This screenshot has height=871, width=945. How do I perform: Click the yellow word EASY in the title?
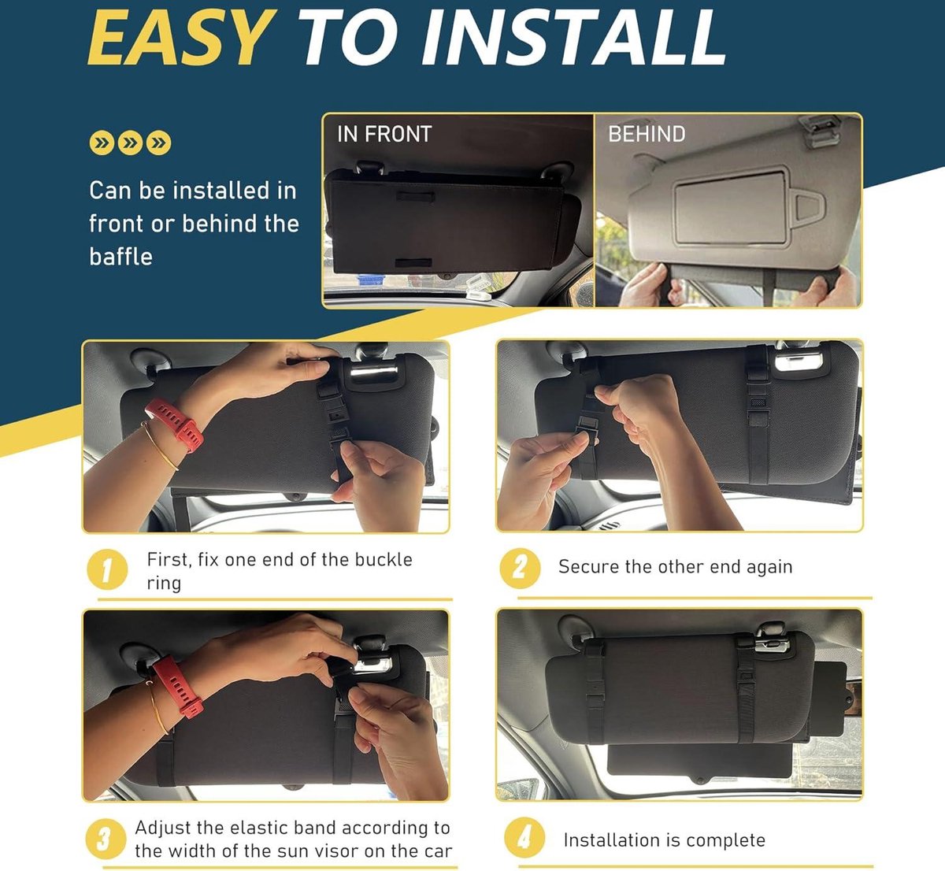(x=181, y=38)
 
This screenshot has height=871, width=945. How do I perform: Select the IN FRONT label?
(x=384, y=135)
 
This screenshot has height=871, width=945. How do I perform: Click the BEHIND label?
(x=647, y=135)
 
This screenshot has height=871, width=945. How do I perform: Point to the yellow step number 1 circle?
(x=107, y=569)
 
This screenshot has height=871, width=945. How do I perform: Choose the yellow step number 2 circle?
(x=520, y=569)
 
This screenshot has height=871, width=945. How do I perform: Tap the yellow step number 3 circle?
(x=106, y=839)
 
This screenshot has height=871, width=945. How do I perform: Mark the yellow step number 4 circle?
(x=524, y=838)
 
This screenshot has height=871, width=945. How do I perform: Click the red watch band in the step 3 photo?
(x=178, y=685)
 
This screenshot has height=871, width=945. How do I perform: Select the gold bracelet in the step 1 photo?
(x=160, y=446)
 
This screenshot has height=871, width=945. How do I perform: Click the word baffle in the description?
(x=121, y=257)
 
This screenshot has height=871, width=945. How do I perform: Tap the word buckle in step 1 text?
(x=384, y=559)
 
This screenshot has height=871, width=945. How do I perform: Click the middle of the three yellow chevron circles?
(x=130, y=143)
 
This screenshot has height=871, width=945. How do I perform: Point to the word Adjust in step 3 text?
(x=162, y=828)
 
